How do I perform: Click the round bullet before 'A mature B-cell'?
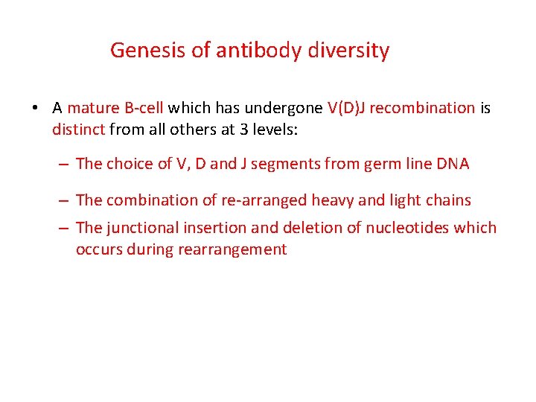[x=35, y=109]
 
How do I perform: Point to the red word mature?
[x=92, y=108]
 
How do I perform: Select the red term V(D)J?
[x=345, y=108]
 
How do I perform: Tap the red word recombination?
[x=422, y=108]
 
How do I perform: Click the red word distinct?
[x=79, y=130]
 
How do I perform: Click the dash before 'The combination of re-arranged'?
[x=65, y=200]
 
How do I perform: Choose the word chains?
[x=448, y=200]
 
